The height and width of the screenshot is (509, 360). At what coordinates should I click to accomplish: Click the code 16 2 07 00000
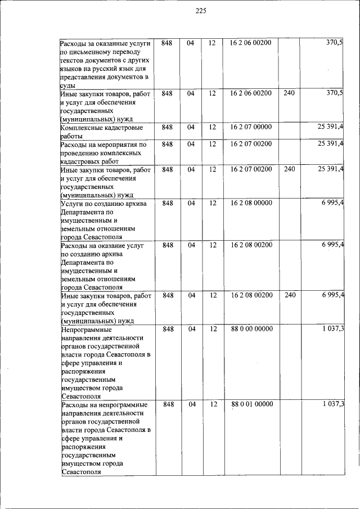pos(251,127)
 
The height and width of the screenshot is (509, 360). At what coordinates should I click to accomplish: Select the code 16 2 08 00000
pos(251,203)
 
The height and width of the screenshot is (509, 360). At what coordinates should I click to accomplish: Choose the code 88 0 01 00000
pos(251,404)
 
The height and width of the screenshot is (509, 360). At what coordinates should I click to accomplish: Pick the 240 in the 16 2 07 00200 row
pos(289,169)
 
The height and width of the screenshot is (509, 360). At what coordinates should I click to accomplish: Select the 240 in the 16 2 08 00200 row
pos(289,295)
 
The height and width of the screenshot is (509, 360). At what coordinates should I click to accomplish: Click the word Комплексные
pos(84,128)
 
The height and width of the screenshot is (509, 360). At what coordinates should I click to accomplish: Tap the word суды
pos(68,85)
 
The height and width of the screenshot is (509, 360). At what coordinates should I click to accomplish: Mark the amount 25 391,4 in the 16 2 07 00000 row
pos(330,127)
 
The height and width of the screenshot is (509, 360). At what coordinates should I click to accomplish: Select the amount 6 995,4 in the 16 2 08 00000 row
pos(332,203)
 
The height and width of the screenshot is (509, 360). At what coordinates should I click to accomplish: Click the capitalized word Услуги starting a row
pos(73,204)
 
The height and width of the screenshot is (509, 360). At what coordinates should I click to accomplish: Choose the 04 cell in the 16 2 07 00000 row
pos(191,127)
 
